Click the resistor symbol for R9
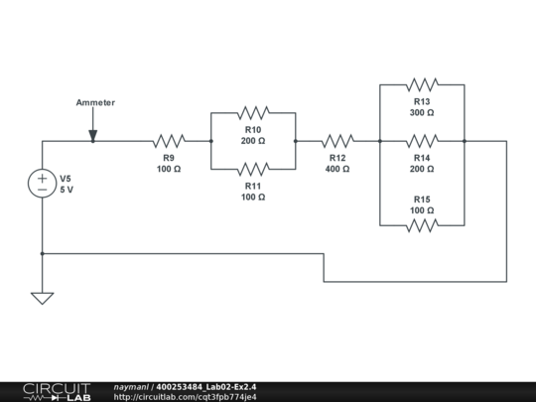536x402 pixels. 169,141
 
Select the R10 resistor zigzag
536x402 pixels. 253,113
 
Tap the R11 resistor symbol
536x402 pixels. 253,169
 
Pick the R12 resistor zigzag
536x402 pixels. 337,141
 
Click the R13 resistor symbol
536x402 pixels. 422,85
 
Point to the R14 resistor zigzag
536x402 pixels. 422,141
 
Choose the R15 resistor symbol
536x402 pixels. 422,225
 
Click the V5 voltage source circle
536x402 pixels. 43,184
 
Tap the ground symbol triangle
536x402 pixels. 43,297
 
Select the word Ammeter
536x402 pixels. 95,102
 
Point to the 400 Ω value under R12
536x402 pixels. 337,169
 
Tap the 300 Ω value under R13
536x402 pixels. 422,113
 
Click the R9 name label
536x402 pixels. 169,157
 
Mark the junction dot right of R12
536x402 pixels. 380,141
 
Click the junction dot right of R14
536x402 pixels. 464,141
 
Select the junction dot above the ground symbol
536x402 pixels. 43,253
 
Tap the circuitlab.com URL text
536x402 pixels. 185,396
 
